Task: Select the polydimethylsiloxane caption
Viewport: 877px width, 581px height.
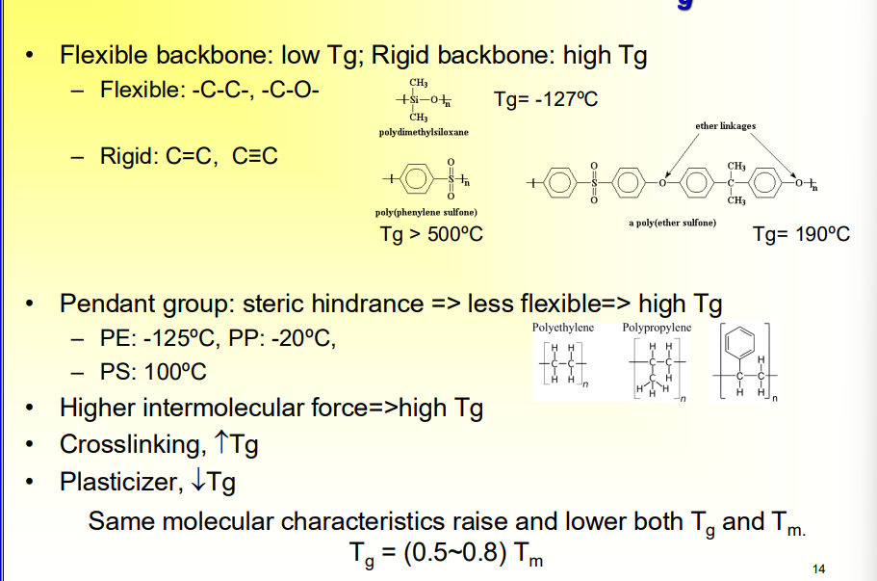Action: click(424, 132)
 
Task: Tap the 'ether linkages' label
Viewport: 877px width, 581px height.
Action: click(725, 126)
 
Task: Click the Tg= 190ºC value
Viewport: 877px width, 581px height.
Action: click(801, 234)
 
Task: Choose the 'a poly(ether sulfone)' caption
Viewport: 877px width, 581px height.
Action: click(672, 223)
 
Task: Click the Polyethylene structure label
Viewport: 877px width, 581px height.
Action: click(563, 328)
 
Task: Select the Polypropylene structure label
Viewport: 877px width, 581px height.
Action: click(657, 328)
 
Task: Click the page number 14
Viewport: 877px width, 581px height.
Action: click(819, 568)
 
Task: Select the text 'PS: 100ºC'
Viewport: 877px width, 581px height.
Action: click(153, 372)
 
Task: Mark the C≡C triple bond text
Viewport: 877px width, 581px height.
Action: click(254, 155)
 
